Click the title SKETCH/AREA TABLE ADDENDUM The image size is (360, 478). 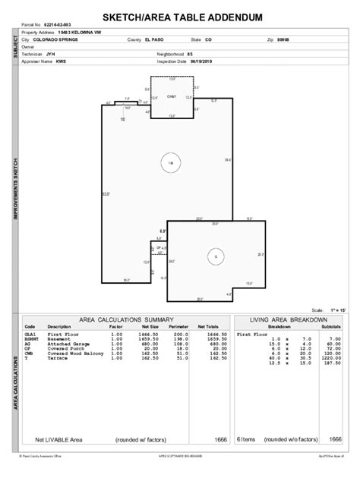point(180,17)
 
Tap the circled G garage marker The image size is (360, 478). point(216,256)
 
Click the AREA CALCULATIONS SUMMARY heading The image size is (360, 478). point(127,319)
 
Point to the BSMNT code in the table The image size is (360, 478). point(31,338)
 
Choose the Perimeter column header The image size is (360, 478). point(178,326)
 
